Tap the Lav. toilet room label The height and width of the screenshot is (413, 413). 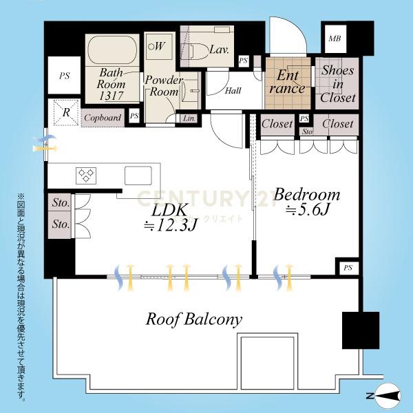219,50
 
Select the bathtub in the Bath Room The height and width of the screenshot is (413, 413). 112,50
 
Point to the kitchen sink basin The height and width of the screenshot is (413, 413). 138,176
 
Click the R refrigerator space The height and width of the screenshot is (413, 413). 66,112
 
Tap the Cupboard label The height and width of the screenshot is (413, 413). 103,118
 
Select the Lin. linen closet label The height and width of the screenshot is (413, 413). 189,118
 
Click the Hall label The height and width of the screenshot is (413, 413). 233,91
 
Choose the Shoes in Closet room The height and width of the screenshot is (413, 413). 337,83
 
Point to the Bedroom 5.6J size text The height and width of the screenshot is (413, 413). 308,210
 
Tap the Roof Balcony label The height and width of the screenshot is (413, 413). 193,319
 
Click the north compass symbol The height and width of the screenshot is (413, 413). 387,396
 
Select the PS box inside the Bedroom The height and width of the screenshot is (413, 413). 348,268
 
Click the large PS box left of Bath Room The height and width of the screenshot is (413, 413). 64,75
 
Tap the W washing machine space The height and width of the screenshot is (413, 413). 157,47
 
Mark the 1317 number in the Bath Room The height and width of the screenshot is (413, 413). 111,96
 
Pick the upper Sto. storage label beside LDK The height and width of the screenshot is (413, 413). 61,203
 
